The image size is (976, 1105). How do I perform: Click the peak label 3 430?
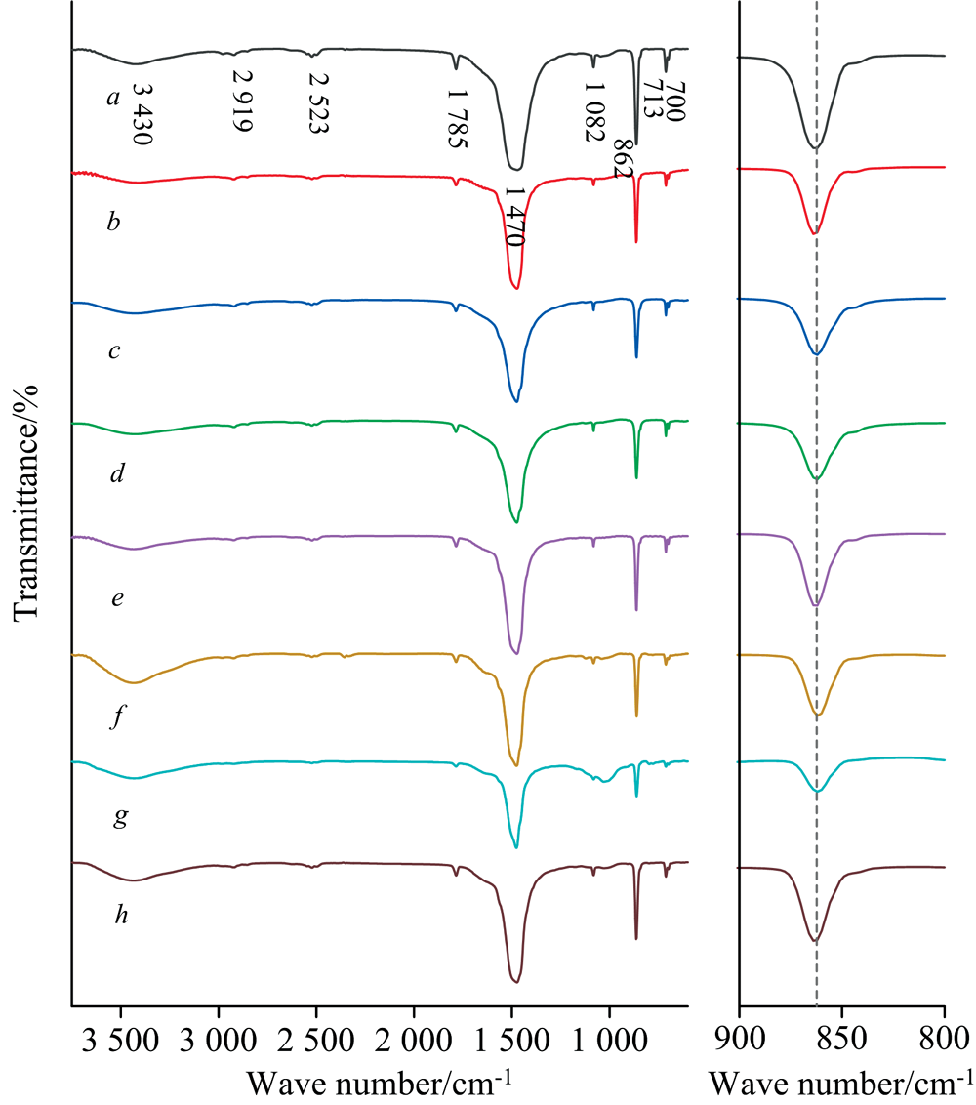pos(142,115)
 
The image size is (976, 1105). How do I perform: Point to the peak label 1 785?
pos(457,118)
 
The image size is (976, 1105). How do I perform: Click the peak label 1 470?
pos(515,216)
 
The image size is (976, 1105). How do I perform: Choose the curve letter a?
pos(113,98)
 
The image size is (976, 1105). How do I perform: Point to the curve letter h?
pos(114,917)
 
